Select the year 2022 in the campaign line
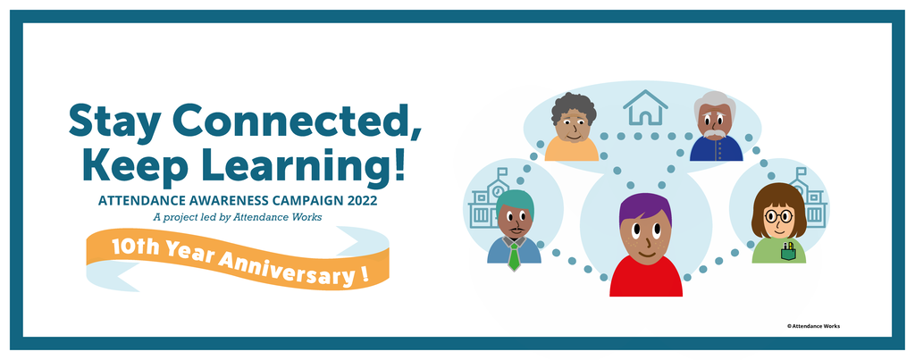click(x=362, y=201)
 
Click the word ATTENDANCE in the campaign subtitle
click(x=134, y=201)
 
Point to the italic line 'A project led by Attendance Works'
click(x=238, y=217)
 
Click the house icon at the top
click(x=645, y=107)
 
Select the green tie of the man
click(x=514, y=256)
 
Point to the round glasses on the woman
click(x=778, y=217)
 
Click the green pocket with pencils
click(x=788, y=252)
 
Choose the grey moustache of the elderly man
click(x=715, y=134)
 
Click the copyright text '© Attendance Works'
click(x=813, y=326)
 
